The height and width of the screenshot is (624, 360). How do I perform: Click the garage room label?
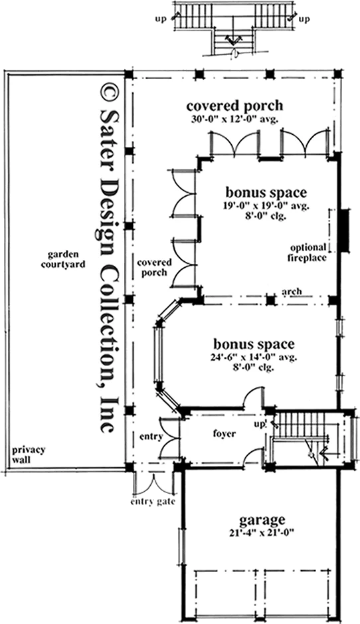click(x=262, y=520)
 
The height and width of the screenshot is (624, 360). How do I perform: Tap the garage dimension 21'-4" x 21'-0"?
click(x=262, y=533)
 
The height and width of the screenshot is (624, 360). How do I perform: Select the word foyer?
click(x=225, y=434)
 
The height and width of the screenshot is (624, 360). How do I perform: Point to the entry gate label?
click(x=153, y=502)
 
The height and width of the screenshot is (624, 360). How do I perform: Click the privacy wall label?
click(x=29, y=455)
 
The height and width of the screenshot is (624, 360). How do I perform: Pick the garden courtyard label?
click(x=63, y=259)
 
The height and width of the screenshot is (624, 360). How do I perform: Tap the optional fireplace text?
click(x=308, y=253)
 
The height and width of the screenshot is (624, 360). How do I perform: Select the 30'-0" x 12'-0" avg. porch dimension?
click(x=234, y=119)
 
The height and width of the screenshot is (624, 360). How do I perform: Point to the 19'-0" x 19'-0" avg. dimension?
click(x=266, y=206)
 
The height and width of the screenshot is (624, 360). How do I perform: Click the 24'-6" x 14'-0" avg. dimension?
click(x=254, y=358)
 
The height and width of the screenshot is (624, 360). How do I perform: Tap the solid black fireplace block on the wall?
click(x=345, y=231)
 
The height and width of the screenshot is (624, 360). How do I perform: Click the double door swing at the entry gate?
click(x=154, y=484)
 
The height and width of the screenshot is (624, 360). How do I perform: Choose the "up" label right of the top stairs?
click(x=304, y=19)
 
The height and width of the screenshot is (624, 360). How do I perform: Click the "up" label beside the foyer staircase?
click(x=259, y=423)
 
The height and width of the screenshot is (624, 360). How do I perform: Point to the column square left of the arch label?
click(x=270, y=300)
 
